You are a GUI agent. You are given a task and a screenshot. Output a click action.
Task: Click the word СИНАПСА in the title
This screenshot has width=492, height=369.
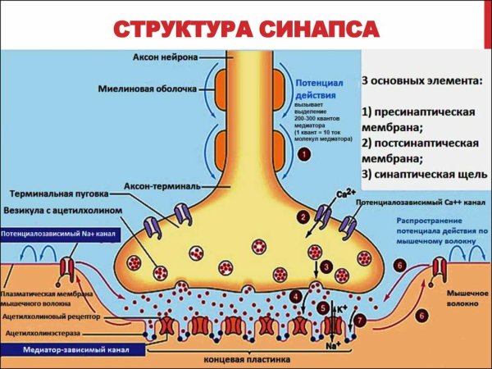click(315, 29)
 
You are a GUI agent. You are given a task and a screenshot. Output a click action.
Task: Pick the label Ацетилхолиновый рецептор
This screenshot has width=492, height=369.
click(52, 315)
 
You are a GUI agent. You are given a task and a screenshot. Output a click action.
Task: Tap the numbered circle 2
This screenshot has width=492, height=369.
click(304, 216)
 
